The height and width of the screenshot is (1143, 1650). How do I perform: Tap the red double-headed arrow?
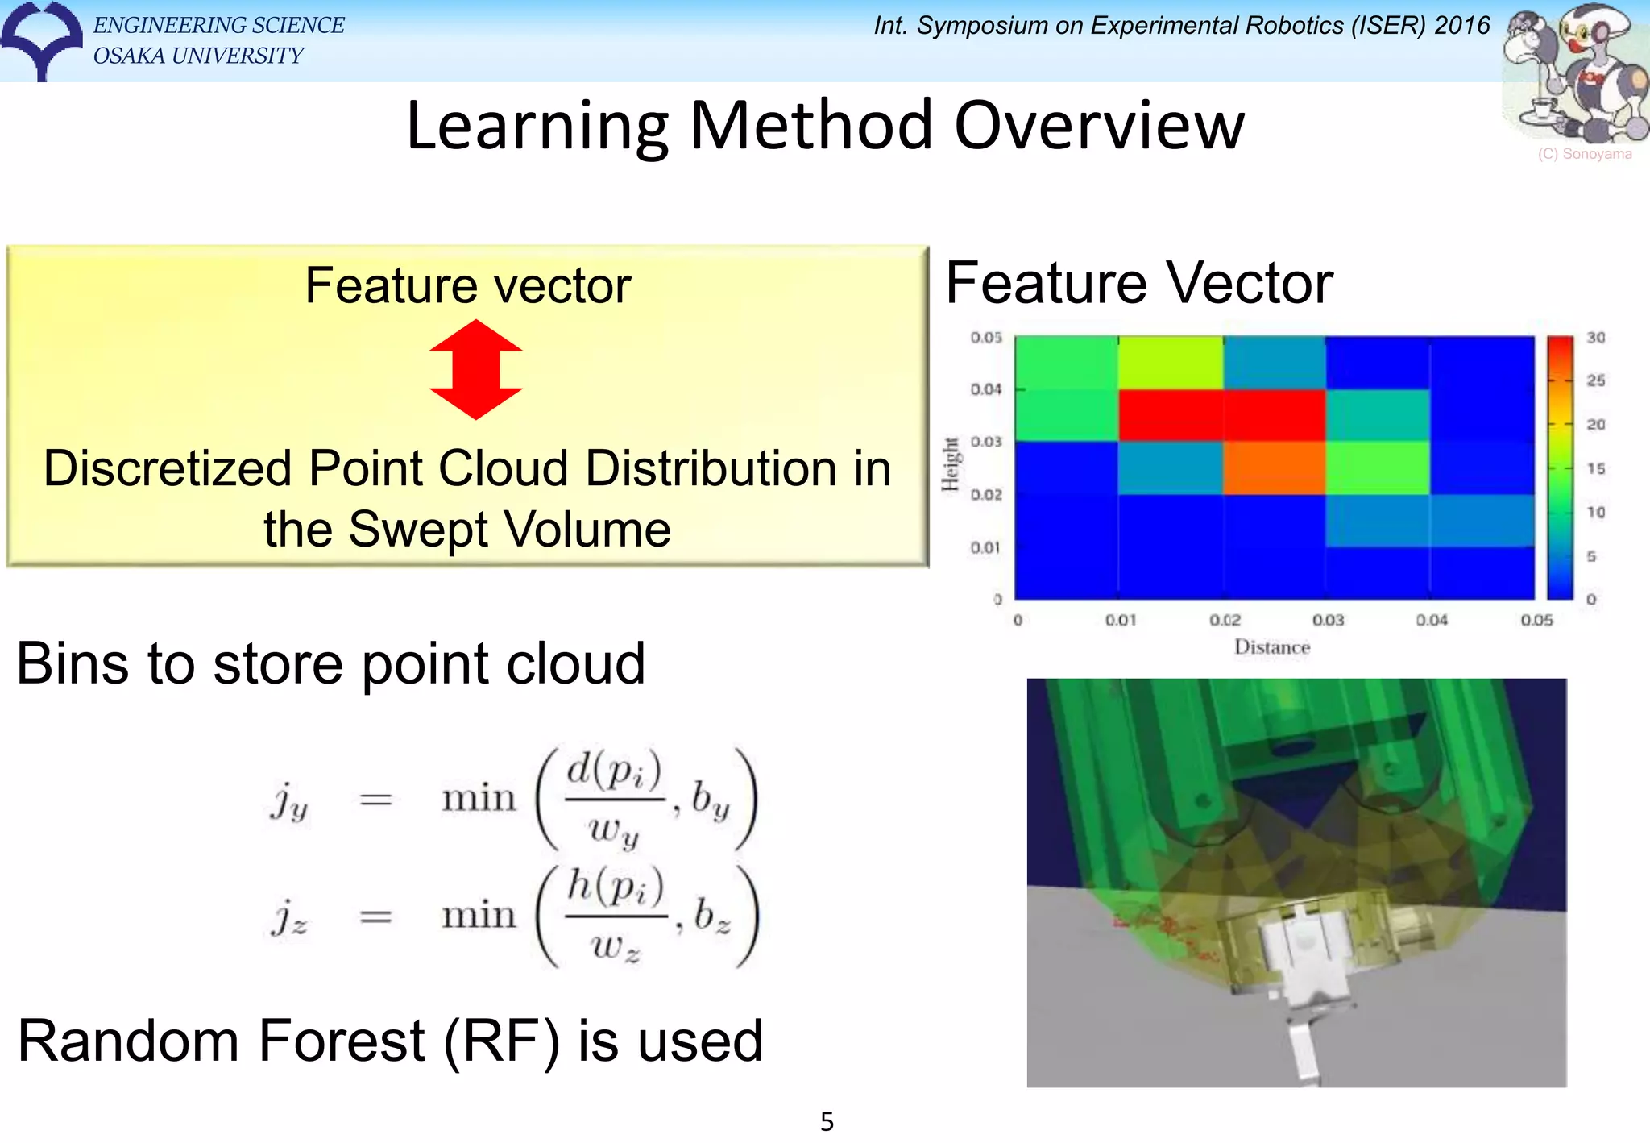pyautogui.click(x=475, y=369)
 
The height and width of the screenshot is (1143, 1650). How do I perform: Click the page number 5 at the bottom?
pyautogui.click(x=827, y=1121)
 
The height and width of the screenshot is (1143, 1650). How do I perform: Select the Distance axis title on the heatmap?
pyautogui.click(x=1271, y=647)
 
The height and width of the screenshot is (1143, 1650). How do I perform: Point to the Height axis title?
pyautogui.click(x=951, y=464)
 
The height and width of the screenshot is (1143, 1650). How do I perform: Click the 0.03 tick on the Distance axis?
pyautogui.click(x=1328, y=620)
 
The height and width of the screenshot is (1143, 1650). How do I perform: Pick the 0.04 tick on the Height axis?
pyautogui.click(x=985, y=389)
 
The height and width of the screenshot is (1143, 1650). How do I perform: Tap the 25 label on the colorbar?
pyautogui.click(x=1595, y=380)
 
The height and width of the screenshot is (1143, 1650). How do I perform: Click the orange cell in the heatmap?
pyautogui.click(x=1274, y=468)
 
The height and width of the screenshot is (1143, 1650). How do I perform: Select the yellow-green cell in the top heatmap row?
pyautogui.click(x=1170, y=363)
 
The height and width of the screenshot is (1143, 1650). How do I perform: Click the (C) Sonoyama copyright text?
pyautogui.click(x=1584, y=154)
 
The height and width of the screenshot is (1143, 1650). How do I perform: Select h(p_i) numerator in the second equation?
pyautogui.click(x=615, y=886)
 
